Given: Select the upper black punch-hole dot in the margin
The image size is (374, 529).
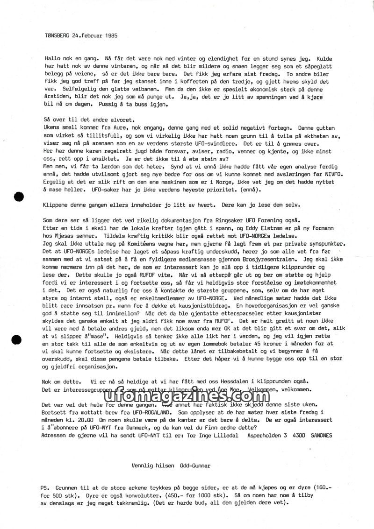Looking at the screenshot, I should tap(19, 197).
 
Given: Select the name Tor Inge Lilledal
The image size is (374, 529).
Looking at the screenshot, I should tap(213, 435).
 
